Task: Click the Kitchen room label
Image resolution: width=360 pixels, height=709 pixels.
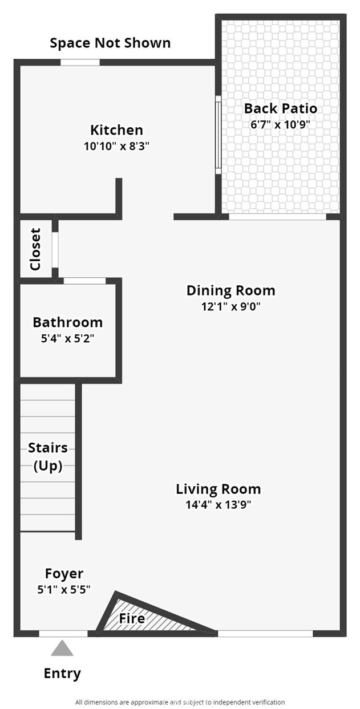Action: pyautogui.click(x=116, y=130)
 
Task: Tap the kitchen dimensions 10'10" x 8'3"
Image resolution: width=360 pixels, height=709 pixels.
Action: pyautogui.click(x=116, y=146)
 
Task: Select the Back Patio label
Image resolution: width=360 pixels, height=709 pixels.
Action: pyautogui.click(x=281, y=108)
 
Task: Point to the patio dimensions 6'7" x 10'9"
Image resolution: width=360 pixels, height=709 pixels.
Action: pyautogui.click(x=280, y=124)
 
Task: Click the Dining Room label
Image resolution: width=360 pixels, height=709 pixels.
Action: pyautogui.click(x=231, y=290)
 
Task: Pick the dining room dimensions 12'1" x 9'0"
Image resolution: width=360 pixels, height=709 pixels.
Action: pyautogui.click(x=231, y=306)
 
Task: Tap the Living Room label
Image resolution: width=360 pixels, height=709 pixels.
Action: pyautogui.click(x=219, y=489)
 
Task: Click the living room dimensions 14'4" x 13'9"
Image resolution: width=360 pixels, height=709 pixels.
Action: pyautogui.click(x=219, y=505)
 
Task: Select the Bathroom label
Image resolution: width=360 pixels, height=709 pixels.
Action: pyautogui.click(x=68, y=322)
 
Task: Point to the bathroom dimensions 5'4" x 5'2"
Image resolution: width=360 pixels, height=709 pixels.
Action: pyautogui.click(x=68, y=339)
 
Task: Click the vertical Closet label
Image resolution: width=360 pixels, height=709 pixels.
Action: pyautogui.click(x=35, y=249)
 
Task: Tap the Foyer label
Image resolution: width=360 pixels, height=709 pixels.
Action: pyautogui.click(x=64, y=574)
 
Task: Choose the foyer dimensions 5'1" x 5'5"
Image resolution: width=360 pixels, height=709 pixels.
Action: pyautogui.click(x=64, y=590)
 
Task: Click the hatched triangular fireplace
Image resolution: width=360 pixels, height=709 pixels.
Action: pyautogui.click(x=139, y=618)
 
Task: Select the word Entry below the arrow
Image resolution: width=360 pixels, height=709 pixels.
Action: pyautogui.click(x=62, y=673)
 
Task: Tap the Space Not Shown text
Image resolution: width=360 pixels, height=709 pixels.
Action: pyautogui.click(x=110, y=43)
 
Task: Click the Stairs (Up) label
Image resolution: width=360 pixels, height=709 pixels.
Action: pyautogui.click(x=48, y=457)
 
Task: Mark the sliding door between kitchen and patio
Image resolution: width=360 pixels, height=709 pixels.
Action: pyautogui.click(x=218, y=135)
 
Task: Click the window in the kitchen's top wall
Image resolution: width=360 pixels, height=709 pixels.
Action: pyautogui.click(x=80, y=62)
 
